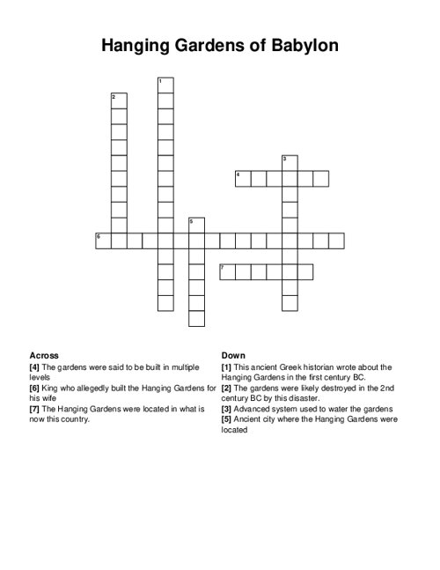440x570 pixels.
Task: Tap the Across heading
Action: pyautogui.click(x=44, y=355)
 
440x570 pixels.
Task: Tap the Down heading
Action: pyautogui.click(x=233, y=355)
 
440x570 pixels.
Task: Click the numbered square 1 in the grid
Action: pyautogui.click(x=165, y=85)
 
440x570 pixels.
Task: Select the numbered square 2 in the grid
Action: pyautogui.click(x=119, y=100)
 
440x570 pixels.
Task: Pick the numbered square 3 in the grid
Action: pyautogui.click(x=290, y=163)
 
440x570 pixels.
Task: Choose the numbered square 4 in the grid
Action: pyautogui.click(x=243, y=179)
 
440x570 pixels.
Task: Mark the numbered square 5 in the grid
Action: pyautogui.click(x=196, y=225)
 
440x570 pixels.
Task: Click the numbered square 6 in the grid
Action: pyautogui.click(x=103, y=241)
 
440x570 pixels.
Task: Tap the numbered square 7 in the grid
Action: pyautogui.click(x=227, y=271)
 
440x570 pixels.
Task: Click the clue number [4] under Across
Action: pyautogui.click(x=35, y=366)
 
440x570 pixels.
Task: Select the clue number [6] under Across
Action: pyautogui.click(x=35, y=388)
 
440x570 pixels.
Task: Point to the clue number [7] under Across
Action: pyautogui.click(x=35, y=409)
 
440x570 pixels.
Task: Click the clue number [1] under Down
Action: pyautogui.click(x=227, y=366)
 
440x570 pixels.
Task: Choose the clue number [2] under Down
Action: pyautogui.click(x=227, y=388)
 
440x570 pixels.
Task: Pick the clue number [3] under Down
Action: pyautogui.click(x=227, y=409)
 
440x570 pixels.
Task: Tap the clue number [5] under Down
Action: pyautogui.click(x=227, y=419)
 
